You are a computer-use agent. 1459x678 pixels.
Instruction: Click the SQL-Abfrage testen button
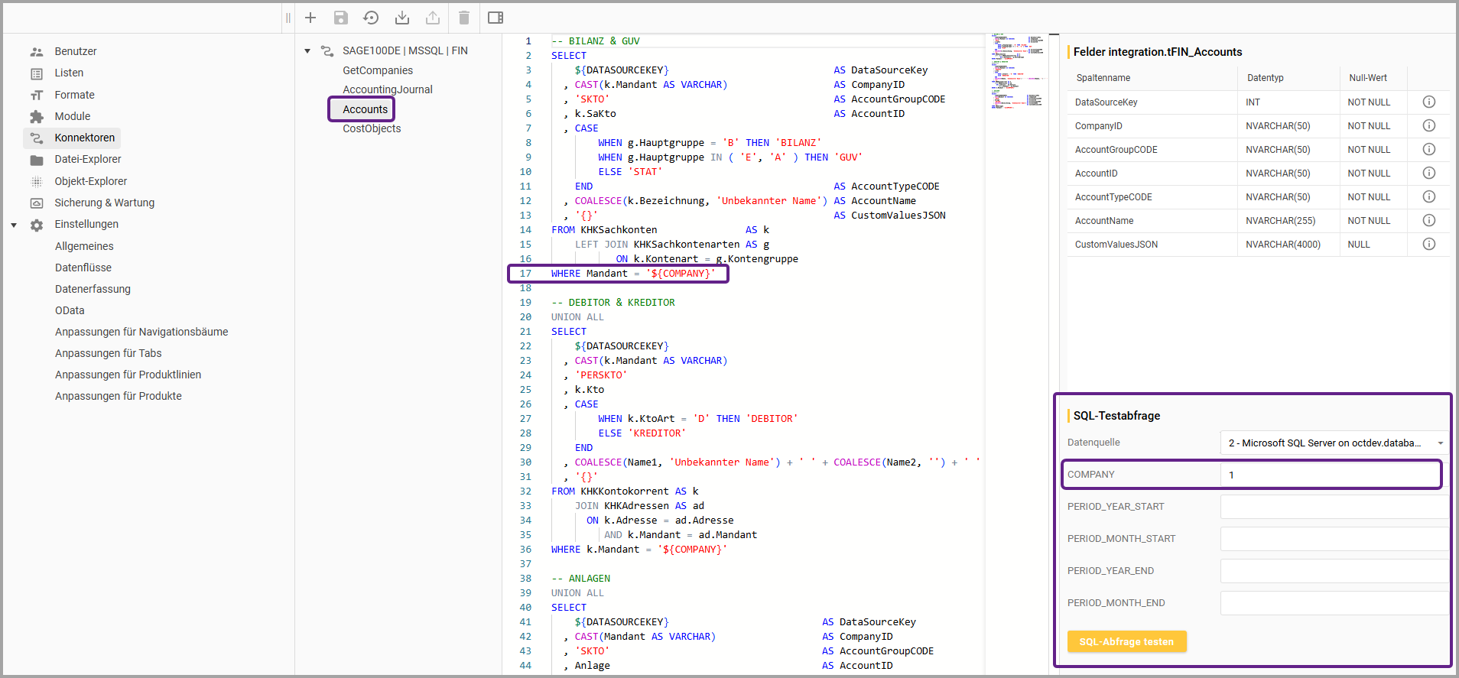(x=1126, y=642)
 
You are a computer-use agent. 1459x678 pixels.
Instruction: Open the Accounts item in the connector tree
(x=365, y=109)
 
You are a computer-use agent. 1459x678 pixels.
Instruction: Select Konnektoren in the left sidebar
(x=84, y=138)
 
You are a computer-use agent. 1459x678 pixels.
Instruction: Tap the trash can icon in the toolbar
(x=463, y=18)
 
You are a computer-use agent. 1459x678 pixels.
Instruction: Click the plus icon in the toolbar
(x=310, y=18)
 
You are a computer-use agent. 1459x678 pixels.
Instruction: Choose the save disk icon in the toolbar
(x=341, y=18)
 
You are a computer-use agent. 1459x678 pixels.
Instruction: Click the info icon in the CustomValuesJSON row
(x=1428, y=245)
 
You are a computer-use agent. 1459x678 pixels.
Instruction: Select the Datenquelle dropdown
(x=1334, y=443)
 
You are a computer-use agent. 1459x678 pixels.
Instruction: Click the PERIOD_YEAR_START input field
(x=1334, y=507)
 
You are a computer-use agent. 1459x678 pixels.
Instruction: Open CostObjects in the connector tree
(x=372, y=128)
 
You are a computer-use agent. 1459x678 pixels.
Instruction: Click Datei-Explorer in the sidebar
(x=87, y=159)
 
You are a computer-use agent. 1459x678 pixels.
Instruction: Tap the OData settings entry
(x=70, y=310)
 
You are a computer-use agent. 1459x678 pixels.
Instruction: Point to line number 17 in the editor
(x=525, y=274)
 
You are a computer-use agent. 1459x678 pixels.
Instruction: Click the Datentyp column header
(x=1265, y=78)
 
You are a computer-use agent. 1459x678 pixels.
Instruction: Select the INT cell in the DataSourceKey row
(x=1253, y=102)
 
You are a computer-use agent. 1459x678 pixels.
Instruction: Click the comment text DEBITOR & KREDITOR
(x=621, y=303)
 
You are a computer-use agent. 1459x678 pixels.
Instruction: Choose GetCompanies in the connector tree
(x=378, y=70)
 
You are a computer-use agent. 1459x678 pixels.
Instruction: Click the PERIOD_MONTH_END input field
(x=1334, y=603)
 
